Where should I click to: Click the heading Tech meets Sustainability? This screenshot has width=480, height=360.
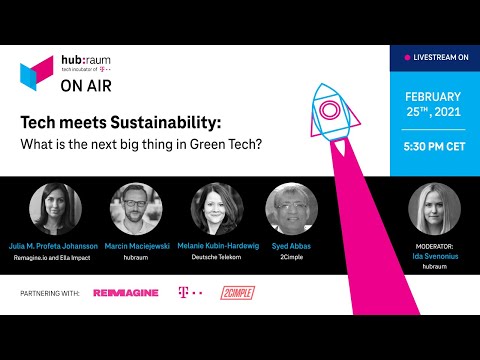pos(121,124)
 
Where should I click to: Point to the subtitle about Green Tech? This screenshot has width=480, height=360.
pos(144,143)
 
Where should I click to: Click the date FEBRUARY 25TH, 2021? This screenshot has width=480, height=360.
pos(434,105)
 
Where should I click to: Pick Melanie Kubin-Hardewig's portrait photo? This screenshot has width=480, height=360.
pos(216,208)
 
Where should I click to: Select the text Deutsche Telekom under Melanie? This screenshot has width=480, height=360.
pos(217,257)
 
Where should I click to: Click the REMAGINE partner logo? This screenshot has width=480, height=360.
pos(126,293)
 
